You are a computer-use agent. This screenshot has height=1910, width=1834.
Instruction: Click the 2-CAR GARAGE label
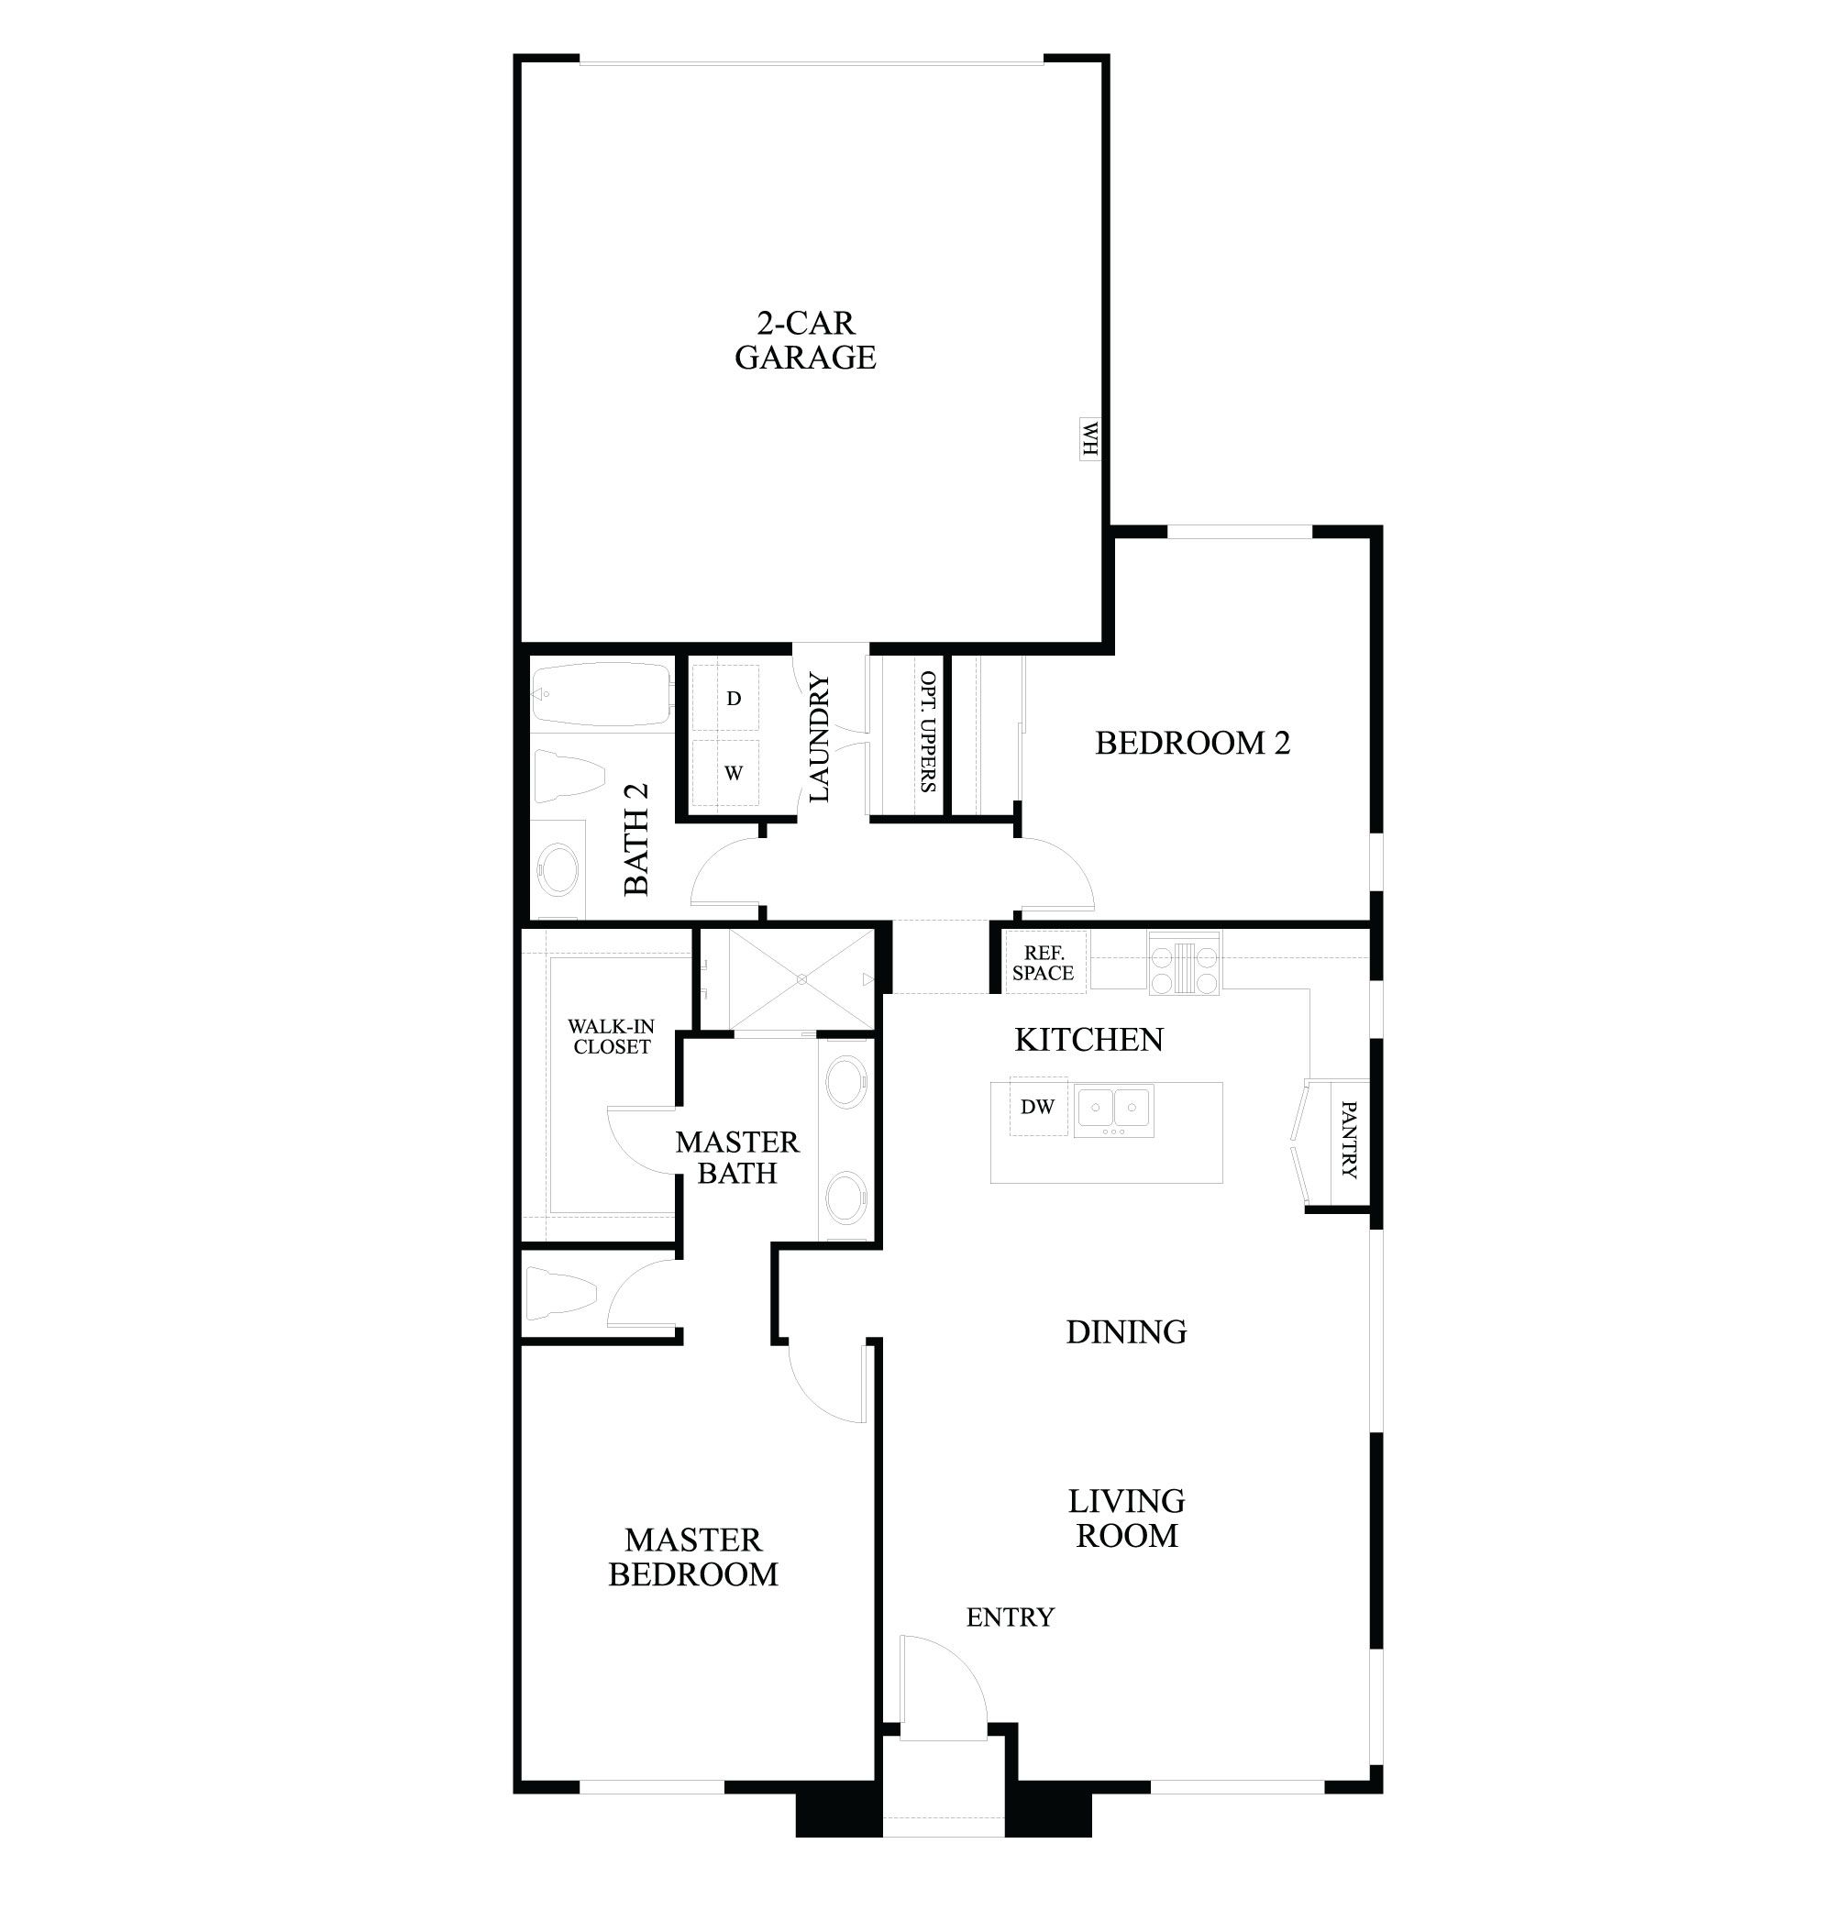(x=805, y=340)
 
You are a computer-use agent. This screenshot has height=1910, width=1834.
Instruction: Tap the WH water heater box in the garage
(x=1088, y=438)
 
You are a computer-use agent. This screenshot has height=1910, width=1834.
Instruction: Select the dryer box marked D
(x=733, y=698)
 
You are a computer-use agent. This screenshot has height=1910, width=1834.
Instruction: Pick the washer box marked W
(x=733, y=773)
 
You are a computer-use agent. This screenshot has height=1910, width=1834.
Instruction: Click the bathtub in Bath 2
(x=602, y=694)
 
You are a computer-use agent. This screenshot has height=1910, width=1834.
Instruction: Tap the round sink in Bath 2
(x=559, y=869)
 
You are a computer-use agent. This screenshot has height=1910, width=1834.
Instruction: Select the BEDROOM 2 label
(x=1192, y=744)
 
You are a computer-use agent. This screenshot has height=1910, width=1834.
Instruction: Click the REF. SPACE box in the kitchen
(x=1043, y=963)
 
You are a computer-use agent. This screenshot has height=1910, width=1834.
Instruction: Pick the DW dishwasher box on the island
(x=1037, y=1106)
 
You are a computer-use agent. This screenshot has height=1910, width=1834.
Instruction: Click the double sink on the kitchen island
(x=1114, y=1110)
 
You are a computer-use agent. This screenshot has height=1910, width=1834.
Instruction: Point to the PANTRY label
(x=1348, y=1139)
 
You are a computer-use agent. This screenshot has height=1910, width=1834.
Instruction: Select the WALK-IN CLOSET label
(x=611, y=1036)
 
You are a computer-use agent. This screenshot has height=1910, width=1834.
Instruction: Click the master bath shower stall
(x=801, y=978)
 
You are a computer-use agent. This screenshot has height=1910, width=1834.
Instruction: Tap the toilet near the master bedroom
(x=560, y=1293)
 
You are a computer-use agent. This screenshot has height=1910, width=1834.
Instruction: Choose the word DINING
(x=1125, y=1332)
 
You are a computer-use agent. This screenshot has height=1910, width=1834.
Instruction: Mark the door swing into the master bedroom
(x=823, y=1384)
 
